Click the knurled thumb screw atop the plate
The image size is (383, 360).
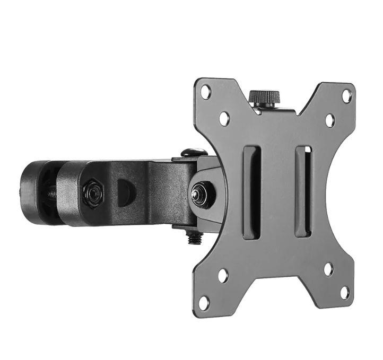(264, 98)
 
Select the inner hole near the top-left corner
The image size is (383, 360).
(224, 118)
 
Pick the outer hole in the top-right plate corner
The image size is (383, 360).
(346, 96)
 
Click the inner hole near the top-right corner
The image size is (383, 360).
(329, 120)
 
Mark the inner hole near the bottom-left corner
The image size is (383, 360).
(223, 275)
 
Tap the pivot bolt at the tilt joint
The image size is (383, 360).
(201, 191)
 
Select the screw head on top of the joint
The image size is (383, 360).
(193, 152)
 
